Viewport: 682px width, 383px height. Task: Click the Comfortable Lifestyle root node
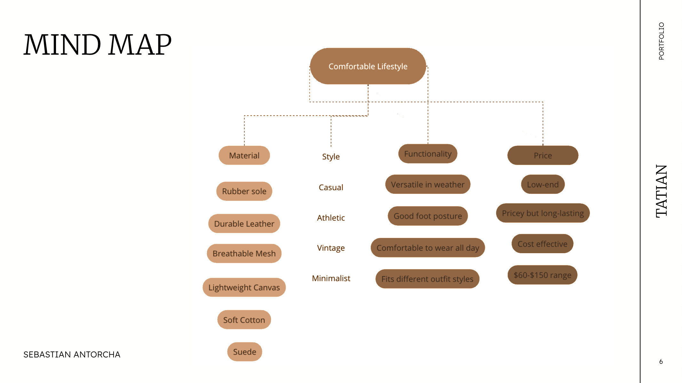[368, 66]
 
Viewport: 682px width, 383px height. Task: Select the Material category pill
[244, 155]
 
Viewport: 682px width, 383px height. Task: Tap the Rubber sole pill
[244, 191]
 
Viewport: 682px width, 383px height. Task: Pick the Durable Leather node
[244, 223]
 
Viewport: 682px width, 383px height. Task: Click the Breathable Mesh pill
[244, 254]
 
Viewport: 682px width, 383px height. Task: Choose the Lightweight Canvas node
[244, 287]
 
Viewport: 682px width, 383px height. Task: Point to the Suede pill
[244, 352]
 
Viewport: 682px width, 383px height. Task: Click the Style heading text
[331, 157]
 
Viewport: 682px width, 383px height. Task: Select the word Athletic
[331, 218]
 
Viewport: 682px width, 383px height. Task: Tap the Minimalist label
[331, 278]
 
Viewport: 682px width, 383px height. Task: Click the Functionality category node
[428, 154]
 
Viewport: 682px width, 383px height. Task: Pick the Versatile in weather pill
[428, 184]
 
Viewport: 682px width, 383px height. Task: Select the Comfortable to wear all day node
[428, 248]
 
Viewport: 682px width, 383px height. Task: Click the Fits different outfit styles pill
[427, 279]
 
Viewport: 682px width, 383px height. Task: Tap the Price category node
[543, 155]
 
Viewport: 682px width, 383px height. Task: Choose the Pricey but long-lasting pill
[543, 213]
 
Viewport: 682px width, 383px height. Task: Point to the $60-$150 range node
[543, 275]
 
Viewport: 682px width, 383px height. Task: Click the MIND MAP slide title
[98, 45]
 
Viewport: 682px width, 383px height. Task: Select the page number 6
[661, 362]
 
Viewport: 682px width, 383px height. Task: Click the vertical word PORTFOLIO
[661, 41]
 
